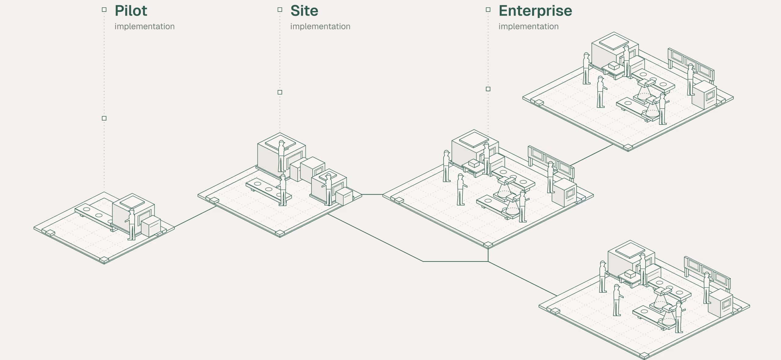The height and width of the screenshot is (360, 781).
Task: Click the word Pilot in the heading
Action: pos(131,11)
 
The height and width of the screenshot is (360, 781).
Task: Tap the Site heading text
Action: pos(304,11)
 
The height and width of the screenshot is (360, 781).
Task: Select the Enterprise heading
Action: pos(535,11)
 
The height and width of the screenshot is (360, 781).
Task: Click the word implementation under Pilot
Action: pos(145,27)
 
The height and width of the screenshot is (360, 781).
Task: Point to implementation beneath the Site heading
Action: pos(320,27)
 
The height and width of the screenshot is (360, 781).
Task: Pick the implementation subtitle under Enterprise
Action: pos(528,27)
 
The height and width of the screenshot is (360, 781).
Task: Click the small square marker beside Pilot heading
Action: pos(104,10)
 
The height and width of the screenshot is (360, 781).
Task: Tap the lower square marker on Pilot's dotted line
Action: pos(104,118)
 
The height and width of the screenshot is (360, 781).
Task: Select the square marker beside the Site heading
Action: pos(280,10)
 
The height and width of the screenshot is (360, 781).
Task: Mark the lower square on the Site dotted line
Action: pos(280,92)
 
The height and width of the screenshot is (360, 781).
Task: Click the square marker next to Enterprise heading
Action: pos(488,10)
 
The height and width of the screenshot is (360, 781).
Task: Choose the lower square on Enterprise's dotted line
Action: pos(488,89)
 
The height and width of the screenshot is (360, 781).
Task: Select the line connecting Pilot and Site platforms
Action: pos(195,217)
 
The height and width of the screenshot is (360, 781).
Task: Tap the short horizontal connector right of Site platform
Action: pos(372,194)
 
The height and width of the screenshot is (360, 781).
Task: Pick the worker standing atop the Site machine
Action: pos(282,156)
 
